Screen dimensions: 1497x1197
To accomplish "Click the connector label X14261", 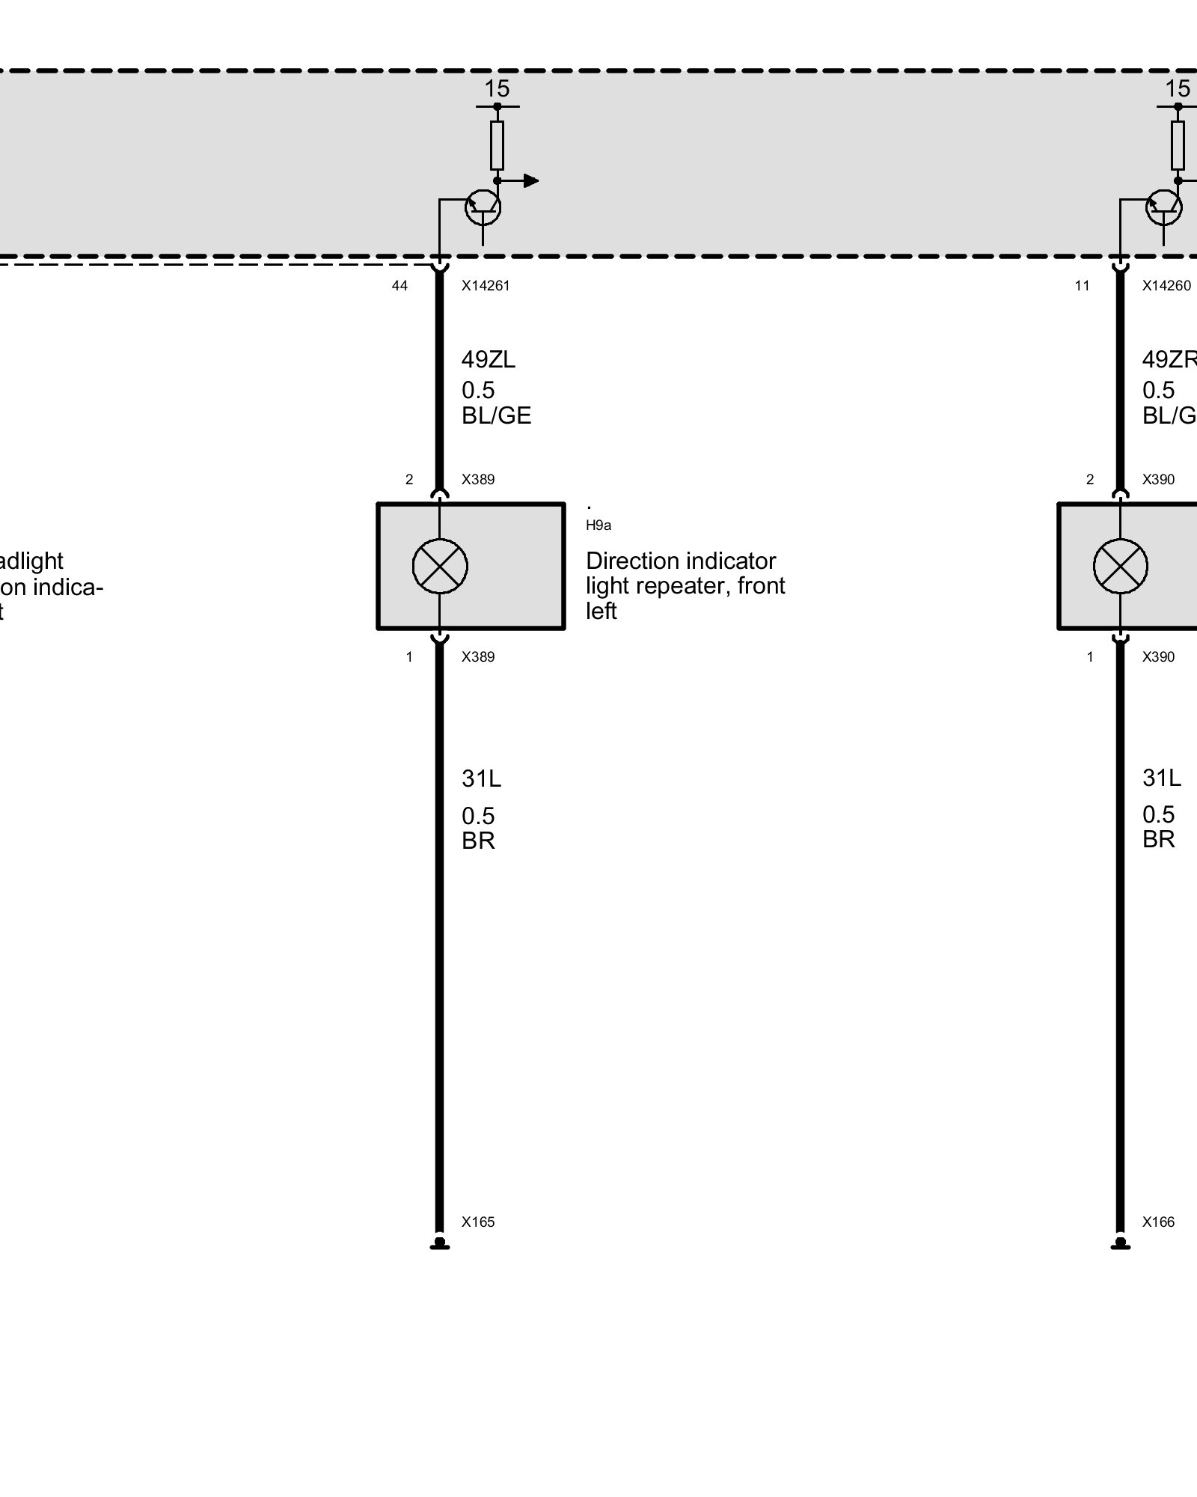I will point(486,285).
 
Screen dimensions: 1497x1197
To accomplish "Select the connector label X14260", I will point(1166,285).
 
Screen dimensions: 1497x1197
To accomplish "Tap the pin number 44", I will point(399,285).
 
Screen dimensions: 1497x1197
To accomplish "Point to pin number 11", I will point(1082,285).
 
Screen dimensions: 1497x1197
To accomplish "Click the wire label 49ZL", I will point(488,360).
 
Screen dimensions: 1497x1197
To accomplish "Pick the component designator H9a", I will point(598,525).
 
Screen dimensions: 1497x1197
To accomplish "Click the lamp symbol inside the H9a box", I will point(440,566).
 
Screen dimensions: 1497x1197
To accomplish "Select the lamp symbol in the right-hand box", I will point(1120,566).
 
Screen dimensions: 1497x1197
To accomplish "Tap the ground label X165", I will point(478,1222).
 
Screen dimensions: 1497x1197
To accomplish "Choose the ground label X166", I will point(1158,1222).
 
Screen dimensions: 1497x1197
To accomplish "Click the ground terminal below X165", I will point(440,1244).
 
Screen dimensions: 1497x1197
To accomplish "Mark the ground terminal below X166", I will point(1120,1244).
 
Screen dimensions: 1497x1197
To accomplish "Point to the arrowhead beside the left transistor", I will point(531,180).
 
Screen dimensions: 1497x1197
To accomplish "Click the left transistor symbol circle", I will point(483,207).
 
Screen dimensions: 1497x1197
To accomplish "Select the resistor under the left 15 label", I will point(497,145).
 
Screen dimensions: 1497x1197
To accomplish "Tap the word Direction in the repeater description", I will point(633,561).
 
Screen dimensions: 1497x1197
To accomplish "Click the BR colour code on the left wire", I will point(478,841).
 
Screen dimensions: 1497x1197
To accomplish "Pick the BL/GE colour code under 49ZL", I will point(496,415).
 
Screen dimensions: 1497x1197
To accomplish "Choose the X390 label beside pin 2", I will point(1158,479).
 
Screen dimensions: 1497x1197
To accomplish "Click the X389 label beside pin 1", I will point(478,656).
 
